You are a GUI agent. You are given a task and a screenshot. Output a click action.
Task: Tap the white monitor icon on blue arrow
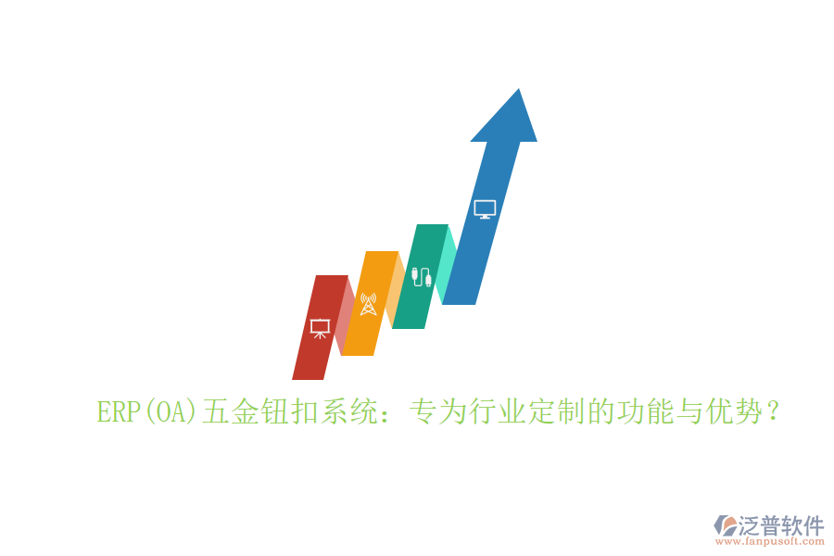point(485,209)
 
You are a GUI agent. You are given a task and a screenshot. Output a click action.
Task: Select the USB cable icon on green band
point(422,276)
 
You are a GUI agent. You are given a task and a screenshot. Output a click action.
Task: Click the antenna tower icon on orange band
point(368,304)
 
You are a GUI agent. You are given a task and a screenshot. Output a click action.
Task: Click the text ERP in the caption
point(117,411)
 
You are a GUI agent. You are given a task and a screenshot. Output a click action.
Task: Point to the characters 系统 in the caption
point(347,411)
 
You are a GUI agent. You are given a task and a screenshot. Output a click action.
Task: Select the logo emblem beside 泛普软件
point(725,525)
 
